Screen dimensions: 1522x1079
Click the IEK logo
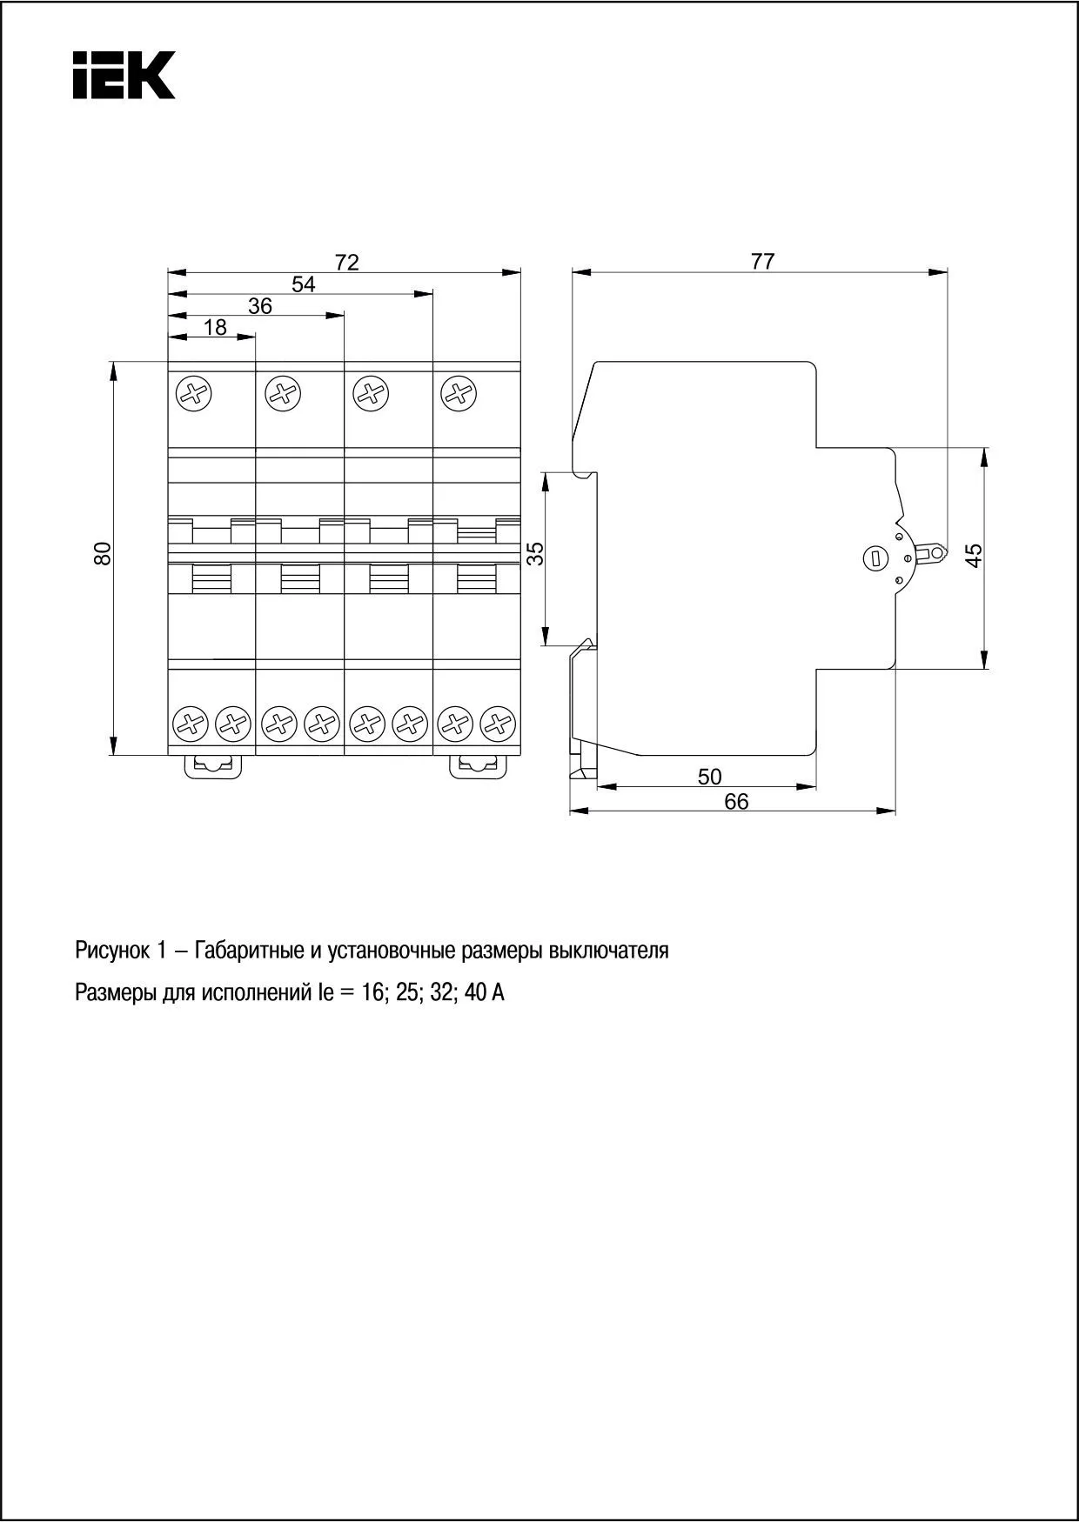click(x=124, y=75)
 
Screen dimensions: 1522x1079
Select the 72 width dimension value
click(x=346, y=262)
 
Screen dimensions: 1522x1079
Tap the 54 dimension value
click(x=303, y=284)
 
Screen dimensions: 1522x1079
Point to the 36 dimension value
click(x=259, y=306)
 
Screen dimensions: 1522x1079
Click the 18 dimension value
click(x=215, y=328)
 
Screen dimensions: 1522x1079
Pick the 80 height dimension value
click(x=104, y=554)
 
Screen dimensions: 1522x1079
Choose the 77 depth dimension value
click(x=762, y=261)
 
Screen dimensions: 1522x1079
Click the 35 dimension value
click(x=537, y=554)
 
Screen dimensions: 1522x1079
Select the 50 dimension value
click(x=709, y=777)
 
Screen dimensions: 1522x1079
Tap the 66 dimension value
click(x=736, y=801)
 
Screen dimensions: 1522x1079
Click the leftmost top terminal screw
click(x=194, y=394)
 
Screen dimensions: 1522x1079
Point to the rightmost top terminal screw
click(x=459, y=394)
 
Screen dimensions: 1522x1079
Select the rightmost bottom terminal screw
click(x=498, y=723)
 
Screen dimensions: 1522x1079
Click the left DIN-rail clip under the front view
click(x=213, y=765)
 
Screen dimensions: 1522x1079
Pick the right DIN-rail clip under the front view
click(x=477, y=765)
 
